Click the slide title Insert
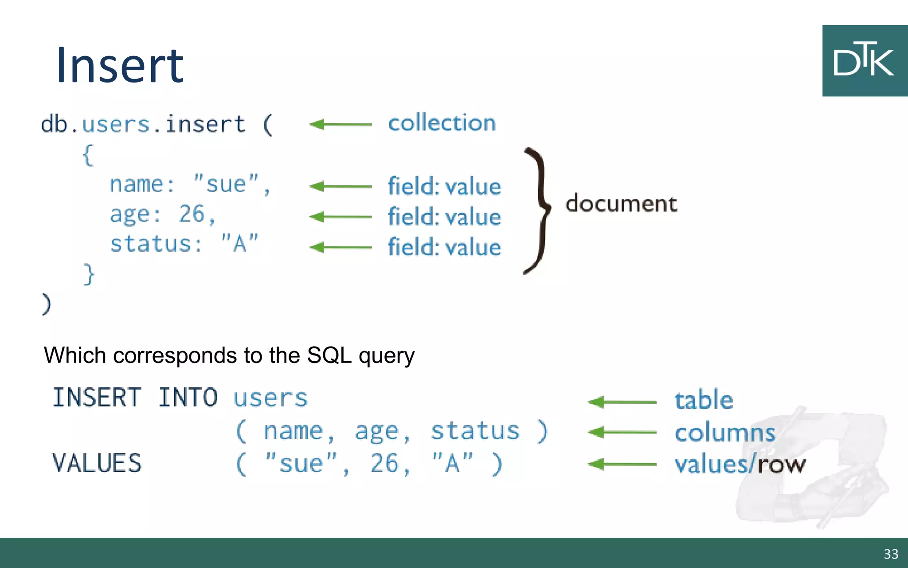pyautogui.click(x=120, y=66)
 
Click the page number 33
pyautogui.click(x=891, y=554)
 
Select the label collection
pyautogui.click(x=442, y=123)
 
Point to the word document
pyautogui.click(x=621, y=204)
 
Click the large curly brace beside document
pyautogui.click(x=539, y=211)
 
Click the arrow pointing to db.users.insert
pyautogui.click(x=340, y=124)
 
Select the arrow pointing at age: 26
pyautogui.click(x=340, y=217)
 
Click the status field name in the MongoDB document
pyautogui.click(x=151, y=244)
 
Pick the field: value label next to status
pyautogui.click(x=444, y=247)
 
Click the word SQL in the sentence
pyautogui.click(x=329, y=355)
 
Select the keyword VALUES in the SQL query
pyautogui.click(x=97, y=463)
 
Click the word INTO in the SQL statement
pyautogui.click(x=188, y=397)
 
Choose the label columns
pyautogui.click(x=725, y=433)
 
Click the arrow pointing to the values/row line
pyautogui.click(x=622, y=465)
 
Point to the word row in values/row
pyautogui.click(x=782, y=465)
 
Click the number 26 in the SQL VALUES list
pyautogui.click(x=385, y=464)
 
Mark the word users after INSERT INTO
pyautogui.click(x=270, y=398)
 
